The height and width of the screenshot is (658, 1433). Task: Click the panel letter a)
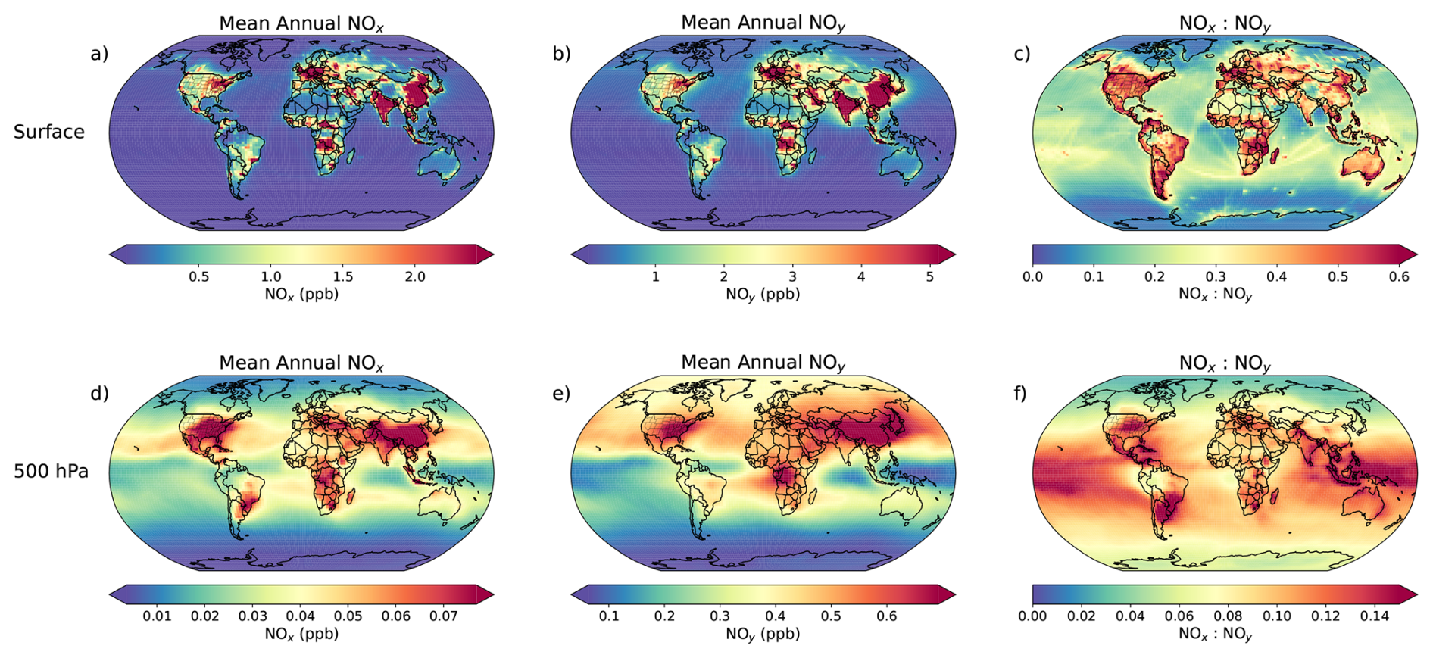click(x=99, y=54)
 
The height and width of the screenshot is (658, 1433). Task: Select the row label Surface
click(x=49, y=132)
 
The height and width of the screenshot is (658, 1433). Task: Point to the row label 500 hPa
click(x=51, y=471)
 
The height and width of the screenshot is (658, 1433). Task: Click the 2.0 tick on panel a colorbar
click(x=415, y=277)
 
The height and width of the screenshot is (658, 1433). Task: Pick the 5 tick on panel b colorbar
click(x=930, y=277)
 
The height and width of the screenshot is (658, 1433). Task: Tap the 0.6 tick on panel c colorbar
click(x=1399, y=277)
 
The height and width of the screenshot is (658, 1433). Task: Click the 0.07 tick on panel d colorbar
click(x=444, y=616)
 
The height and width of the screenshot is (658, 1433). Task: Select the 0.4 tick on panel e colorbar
click(x=776, y=616)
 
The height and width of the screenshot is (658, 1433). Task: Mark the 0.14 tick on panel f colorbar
click(x=1375, y=616)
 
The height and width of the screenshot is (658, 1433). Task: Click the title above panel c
click(x=1225, y=24)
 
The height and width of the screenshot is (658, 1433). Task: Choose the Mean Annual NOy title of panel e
click(x=763, y=363)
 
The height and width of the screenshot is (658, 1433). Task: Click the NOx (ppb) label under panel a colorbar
click(x=301, y=295)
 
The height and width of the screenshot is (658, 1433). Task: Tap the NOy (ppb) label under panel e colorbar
click(x=763, y=634)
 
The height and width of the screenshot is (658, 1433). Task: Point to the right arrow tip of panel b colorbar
click(x=955, y=254)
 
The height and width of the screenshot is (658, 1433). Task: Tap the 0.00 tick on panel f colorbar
click(x=1032, y=616)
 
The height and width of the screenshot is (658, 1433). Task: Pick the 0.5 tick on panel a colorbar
click(x=199, y=277)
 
